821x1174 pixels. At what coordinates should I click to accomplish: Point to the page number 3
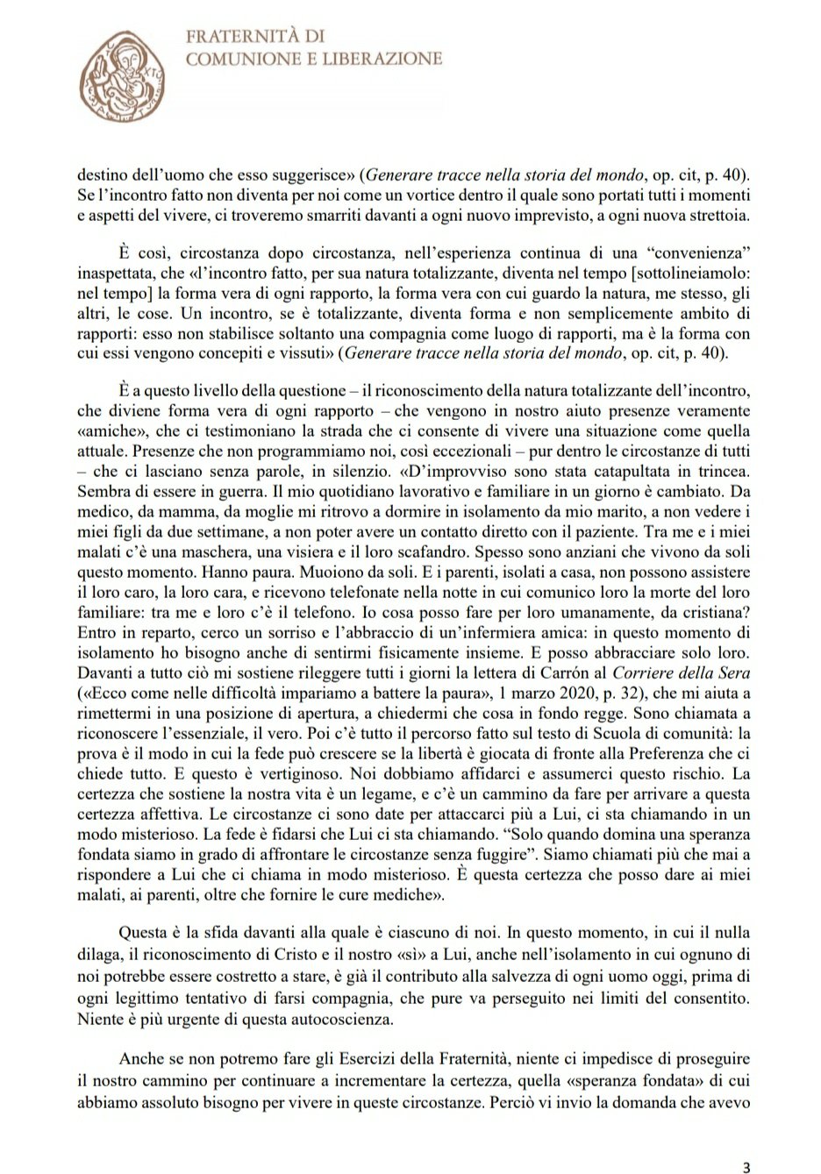pos(746,1142)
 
